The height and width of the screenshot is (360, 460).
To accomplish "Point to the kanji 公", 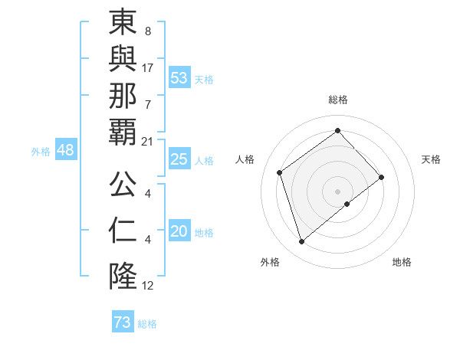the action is pos(123,184).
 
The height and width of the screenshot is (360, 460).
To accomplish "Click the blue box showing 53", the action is pos(179,78).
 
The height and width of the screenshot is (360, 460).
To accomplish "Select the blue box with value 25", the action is pos(179,159).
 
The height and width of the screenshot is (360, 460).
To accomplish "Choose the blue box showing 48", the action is pos(65,150).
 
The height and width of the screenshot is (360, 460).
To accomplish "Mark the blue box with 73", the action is pos(123,322).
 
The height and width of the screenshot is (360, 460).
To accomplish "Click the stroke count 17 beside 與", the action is pos(148,67).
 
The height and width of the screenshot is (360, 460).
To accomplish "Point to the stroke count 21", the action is pos(148,141).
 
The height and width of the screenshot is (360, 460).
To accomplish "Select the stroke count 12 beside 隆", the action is pos(148,286).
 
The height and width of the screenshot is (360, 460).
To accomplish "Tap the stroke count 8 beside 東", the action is pos(147,32).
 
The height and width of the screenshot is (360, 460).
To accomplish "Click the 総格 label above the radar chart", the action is pos(337,100).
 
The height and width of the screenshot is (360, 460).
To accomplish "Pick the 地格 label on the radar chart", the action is pos(402,262).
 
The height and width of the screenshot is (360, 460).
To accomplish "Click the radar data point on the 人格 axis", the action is pos(280,172).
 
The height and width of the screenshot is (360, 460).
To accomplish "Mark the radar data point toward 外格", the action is pos(302,242).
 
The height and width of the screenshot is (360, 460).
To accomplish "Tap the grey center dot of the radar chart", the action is pos(337,190).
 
